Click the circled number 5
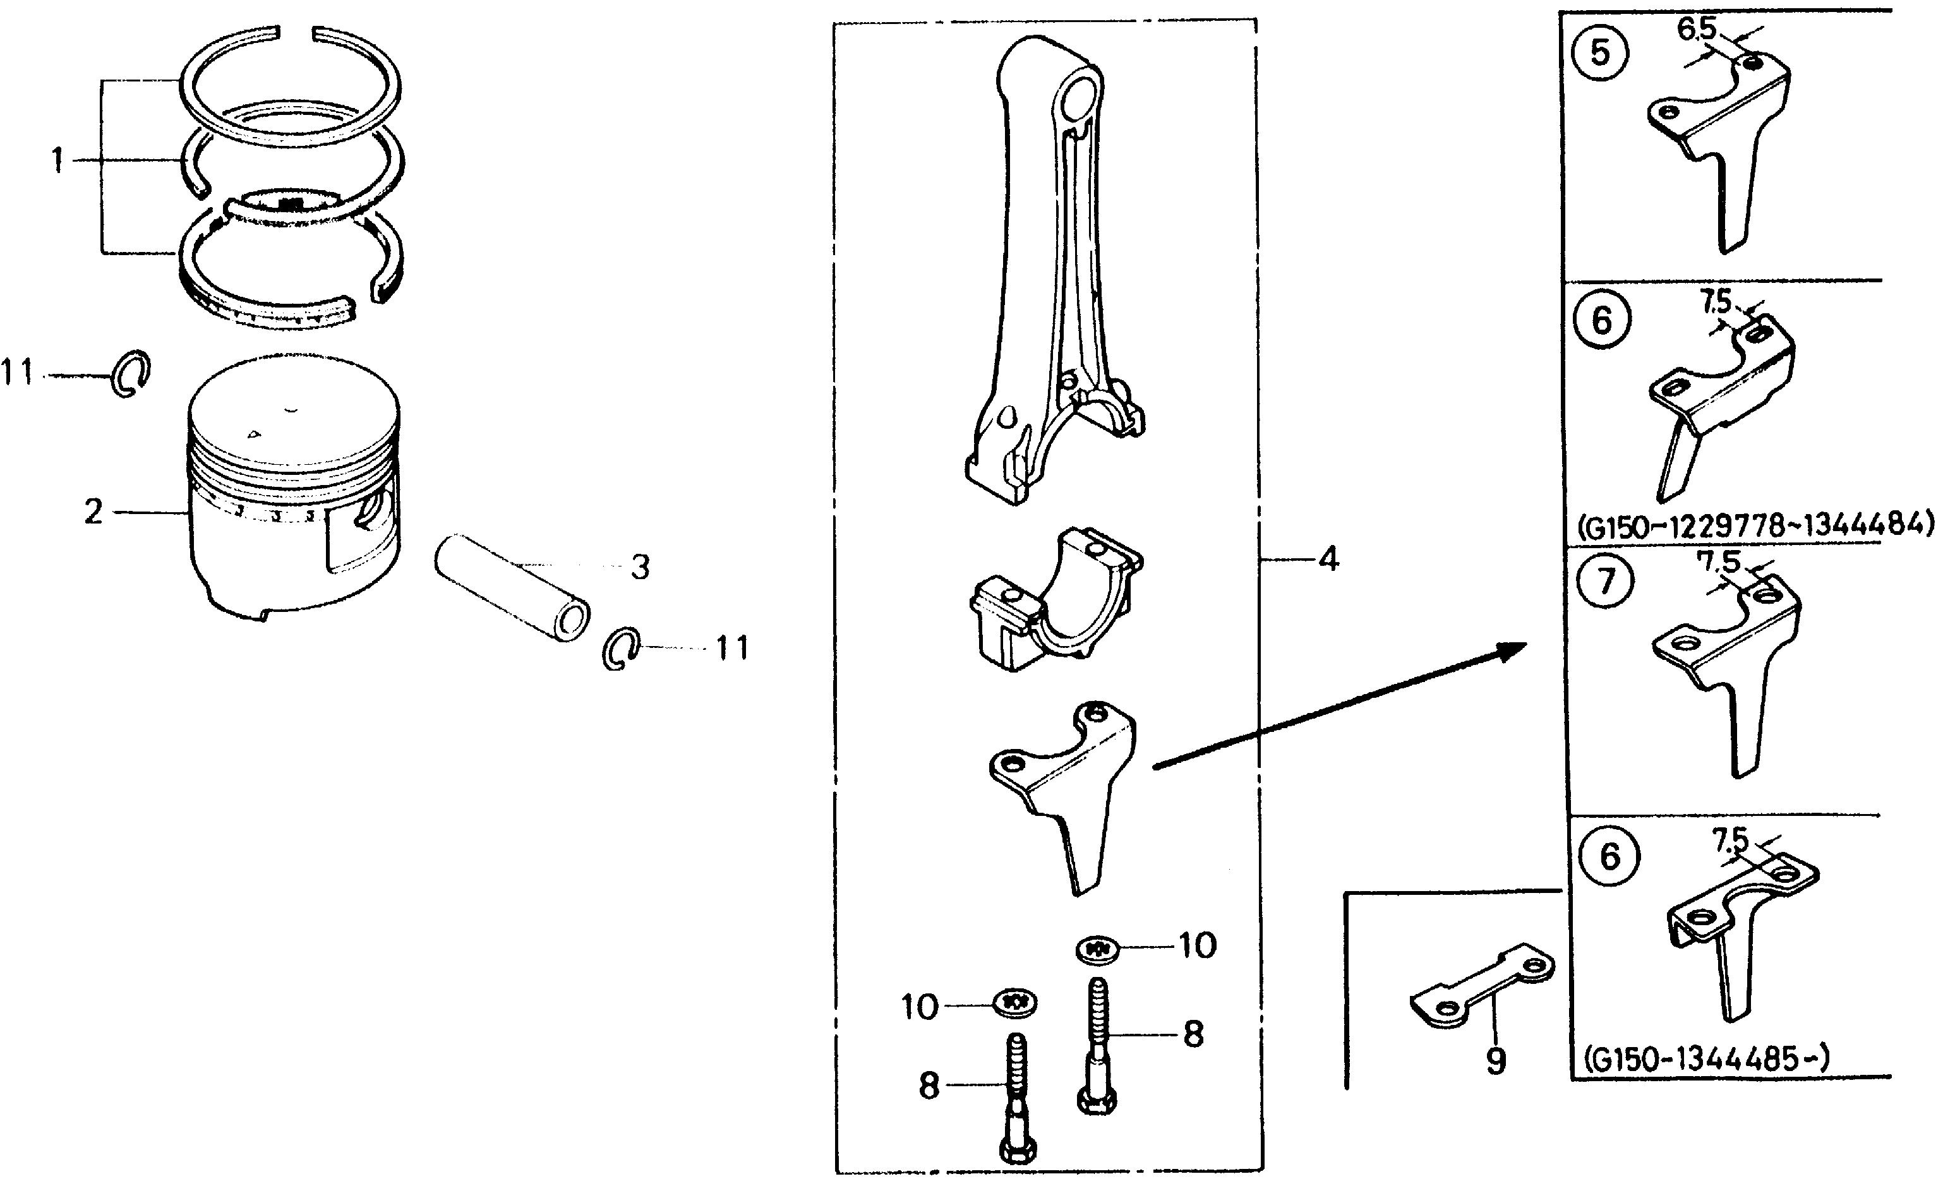click(x=1599, y=54)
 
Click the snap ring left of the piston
click(x=130, y=373)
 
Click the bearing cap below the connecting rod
click(x=1057, y=599)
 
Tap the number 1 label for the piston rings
click(x=57, y=162)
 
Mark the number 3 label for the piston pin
click(x=641, y=567)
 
